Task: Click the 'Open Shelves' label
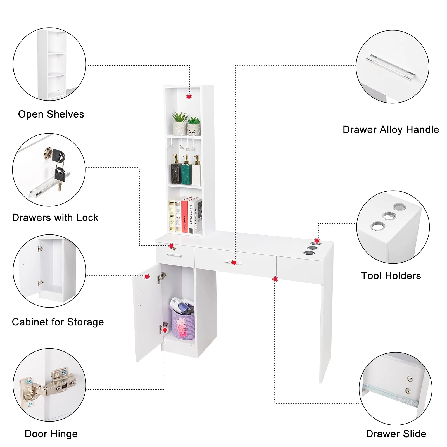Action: click(51, 114)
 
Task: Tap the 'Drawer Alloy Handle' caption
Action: click(391, 130)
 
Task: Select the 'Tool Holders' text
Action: click(391, 276)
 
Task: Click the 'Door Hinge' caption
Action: click(51, 434)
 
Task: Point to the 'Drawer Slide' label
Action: click(396, 434)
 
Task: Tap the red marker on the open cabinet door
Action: click(147, 277)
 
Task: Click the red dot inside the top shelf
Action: click(189, 97)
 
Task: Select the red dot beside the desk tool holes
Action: click(317, 241)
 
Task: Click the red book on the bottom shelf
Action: click(184, 215)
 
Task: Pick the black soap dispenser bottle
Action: click(176, 171)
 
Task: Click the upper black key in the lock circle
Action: click(58, 155)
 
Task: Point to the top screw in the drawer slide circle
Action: click(410, 379)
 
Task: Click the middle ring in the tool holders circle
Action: click(389, 216)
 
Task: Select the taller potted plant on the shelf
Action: click(179, 123)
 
